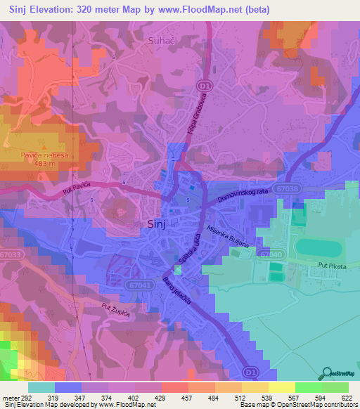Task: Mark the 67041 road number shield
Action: pos(141,285)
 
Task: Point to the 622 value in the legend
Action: pos(347,397)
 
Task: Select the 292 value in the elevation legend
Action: pos(22,397)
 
